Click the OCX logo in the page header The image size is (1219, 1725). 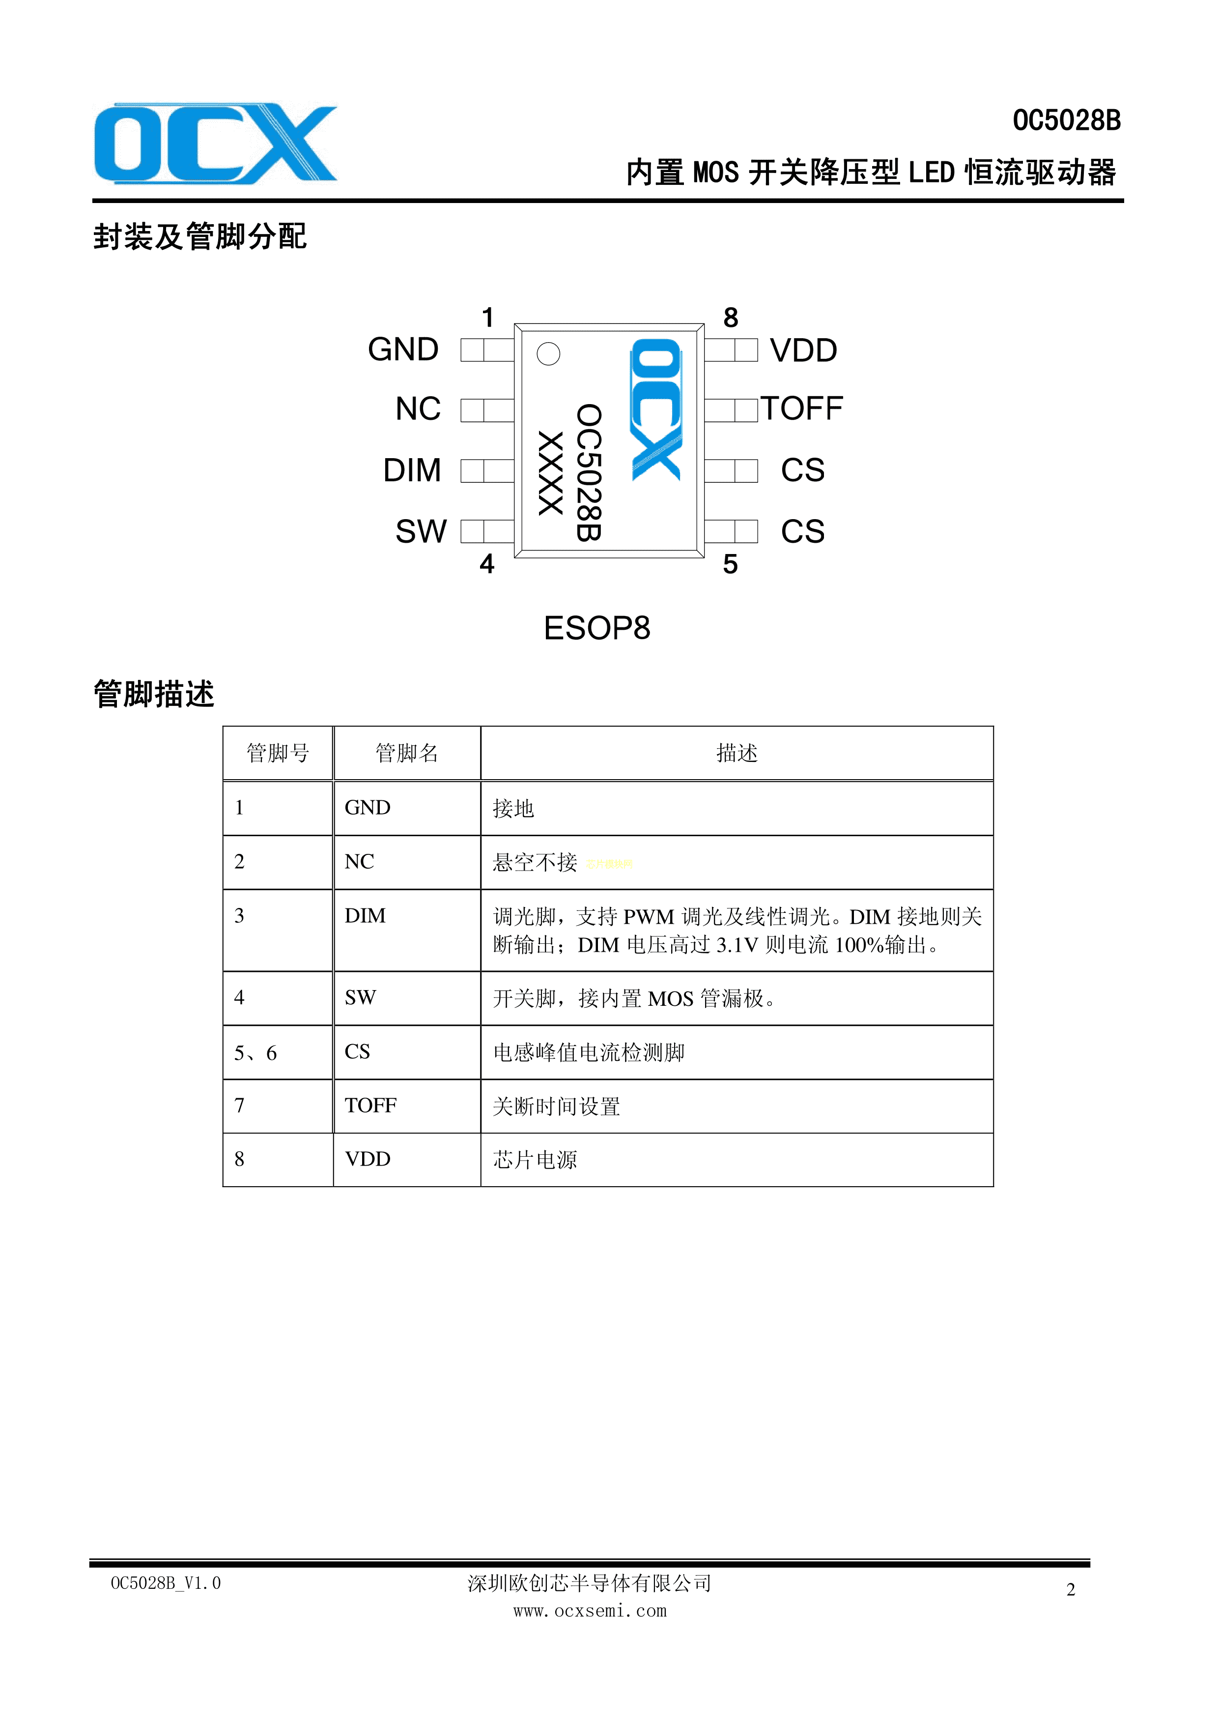coord(216,144)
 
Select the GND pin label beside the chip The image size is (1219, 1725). coord(403,350)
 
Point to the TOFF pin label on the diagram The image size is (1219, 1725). coord(802,409)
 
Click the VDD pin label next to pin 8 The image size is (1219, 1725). coord(804,351)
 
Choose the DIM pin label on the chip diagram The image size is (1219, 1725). coord(412,470)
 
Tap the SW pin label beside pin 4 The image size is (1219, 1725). coord(422,531)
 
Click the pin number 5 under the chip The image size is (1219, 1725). coord(730,564)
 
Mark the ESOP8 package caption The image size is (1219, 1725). coord(597,628)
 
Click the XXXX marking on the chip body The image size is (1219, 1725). coord(551,473)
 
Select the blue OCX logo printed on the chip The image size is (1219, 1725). coord(656,409)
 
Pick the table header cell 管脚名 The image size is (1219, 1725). coord(406,753)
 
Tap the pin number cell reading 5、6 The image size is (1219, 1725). coord(278,1053)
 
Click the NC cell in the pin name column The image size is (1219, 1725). coord(406,862)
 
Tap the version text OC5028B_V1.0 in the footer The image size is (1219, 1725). coord(166,1583)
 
